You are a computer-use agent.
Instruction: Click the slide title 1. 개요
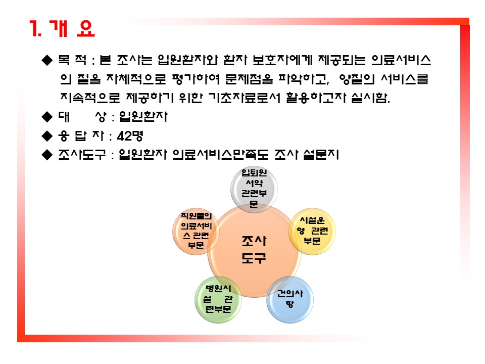coord(62,28)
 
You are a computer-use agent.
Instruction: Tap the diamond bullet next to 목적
coord(47,60)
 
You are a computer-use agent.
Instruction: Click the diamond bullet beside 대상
coord(47,117)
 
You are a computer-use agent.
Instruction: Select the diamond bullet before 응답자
coord(47,135)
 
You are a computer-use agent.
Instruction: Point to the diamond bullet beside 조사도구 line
coord(47,155)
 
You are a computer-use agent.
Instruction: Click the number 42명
coord(130,135)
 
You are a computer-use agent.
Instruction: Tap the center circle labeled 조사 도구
coord(254,251)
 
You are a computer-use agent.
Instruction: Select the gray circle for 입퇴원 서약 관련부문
coord(254,189)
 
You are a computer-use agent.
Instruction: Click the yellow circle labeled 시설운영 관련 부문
coord(312,231)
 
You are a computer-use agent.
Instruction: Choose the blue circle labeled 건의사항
coord(290,300)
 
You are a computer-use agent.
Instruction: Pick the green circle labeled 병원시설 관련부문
coord(218,300)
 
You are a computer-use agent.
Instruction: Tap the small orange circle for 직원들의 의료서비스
coord(196,231)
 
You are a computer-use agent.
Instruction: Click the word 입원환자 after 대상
coord(143,117)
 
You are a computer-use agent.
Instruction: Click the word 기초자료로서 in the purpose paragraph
coord(244,98)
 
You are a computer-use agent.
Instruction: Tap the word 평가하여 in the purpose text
coord(196,79)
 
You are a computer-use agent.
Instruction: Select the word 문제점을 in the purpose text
coord(249,79)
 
